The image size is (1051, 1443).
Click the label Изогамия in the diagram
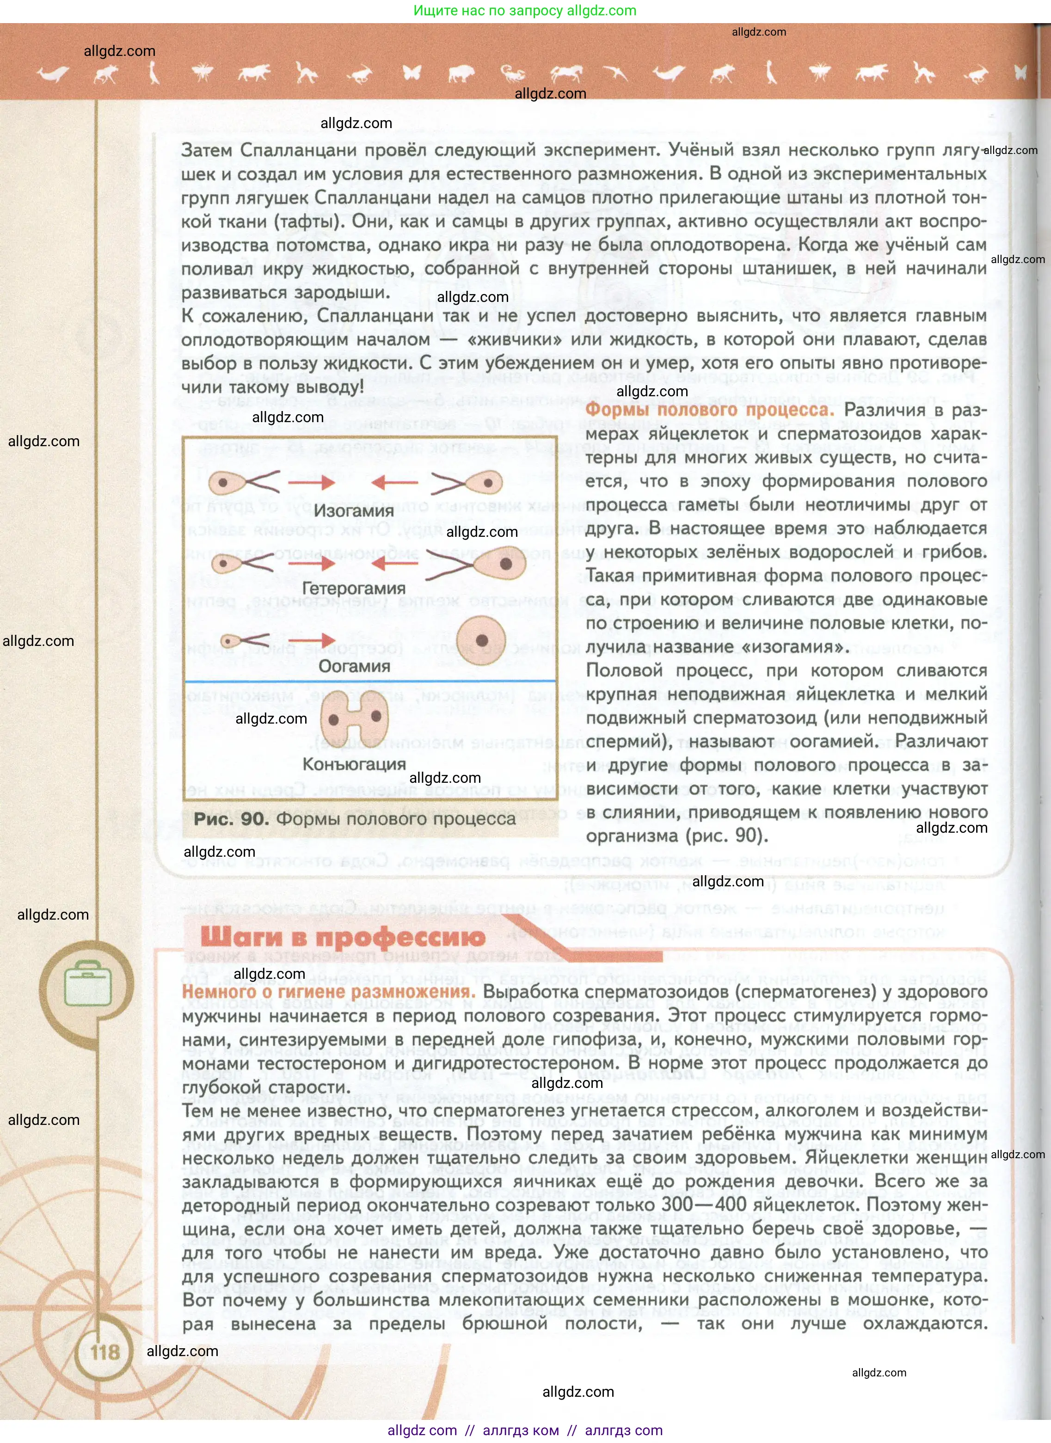[354, 511]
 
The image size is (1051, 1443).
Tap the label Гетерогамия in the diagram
[353, 589]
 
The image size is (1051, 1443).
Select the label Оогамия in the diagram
[354, 666]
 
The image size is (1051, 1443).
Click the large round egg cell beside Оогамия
[482, 641]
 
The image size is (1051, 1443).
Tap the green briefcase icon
[88, 985]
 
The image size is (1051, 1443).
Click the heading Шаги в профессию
[342, 937]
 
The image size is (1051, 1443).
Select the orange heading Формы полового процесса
[709, 409]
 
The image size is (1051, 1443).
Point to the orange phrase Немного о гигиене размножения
[328, 992]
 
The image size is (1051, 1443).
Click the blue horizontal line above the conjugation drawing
[369, 682]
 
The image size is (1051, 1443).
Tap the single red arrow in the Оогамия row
[311, 639]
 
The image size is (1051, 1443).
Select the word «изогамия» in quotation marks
[781, 646]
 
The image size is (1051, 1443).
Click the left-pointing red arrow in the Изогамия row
[394, 483]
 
